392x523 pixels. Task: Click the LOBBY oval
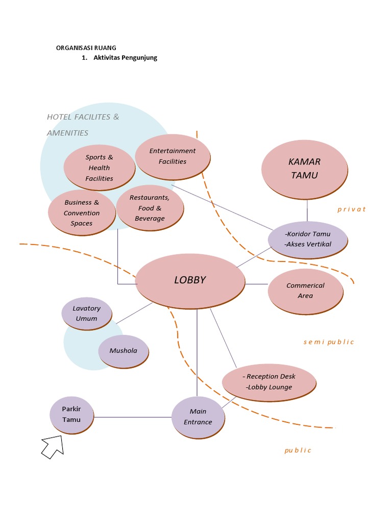(x=190, y=280)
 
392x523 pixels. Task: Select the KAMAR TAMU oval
(x=304, y=169)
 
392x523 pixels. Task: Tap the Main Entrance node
(x=198, y=417)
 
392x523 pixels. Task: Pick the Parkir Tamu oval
(x=71, y=414)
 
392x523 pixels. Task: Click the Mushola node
(x=123, y=351)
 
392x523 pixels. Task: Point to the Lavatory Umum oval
(x=87, y=313)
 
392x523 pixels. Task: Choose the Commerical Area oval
(x=305, y=291)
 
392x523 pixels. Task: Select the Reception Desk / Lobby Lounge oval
(x=269, y=382)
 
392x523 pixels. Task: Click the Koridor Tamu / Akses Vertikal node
(x=308, y=239)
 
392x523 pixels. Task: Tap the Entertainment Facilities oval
(x=173, y=156)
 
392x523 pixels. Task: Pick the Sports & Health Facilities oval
(x=100, y=168)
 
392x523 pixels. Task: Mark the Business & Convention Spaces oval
(x=82, y=212)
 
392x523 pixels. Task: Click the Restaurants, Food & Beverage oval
(x=150, y=208)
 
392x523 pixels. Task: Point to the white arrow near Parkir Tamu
(x=53, y=446)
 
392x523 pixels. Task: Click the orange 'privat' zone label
(x=352, y=209)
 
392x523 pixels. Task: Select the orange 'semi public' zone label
(x=328, y=342)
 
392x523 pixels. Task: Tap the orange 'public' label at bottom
(x=298, y=450)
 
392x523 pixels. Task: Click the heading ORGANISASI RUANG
(x=86, y=48)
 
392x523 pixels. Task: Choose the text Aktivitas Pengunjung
(x=125, y=58)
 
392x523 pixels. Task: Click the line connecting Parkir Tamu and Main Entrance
(x=133, y=417)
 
